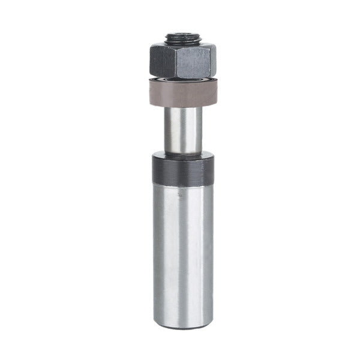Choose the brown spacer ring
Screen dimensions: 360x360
coord(180,94)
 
